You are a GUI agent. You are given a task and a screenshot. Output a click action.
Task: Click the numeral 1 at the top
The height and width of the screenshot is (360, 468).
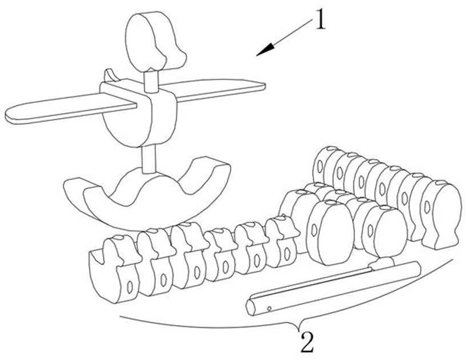point(321,22)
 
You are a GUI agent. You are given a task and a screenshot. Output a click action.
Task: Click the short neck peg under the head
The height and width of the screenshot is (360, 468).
point(152,80)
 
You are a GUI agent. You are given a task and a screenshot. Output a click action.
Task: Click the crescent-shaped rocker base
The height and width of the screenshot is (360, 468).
point(146,194)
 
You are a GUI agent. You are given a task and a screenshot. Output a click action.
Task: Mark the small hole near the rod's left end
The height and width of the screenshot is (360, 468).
point(269,309)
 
